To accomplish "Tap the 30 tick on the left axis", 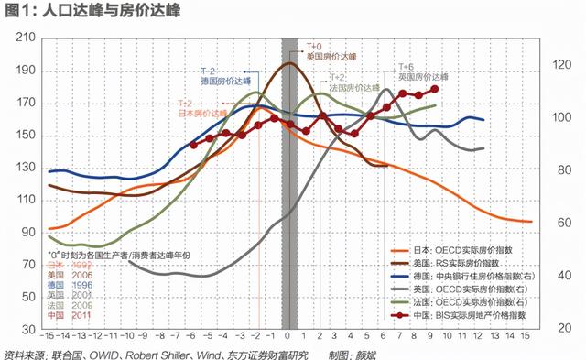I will click(27, 327).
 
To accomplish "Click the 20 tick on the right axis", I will click(557, 327).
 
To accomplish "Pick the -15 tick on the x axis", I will click(52, 337).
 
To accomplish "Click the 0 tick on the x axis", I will click(289, 337).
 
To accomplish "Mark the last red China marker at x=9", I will click(435, 88).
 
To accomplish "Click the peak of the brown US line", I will click(289, 63).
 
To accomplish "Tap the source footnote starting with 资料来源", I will click(156, 354).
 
